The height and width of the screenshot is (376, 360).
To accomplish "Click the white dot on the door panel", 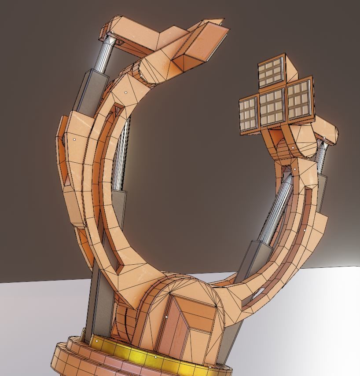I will coord(166,316).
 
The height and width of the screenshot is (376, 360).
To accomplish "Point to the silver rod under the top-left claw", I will coord(104,55).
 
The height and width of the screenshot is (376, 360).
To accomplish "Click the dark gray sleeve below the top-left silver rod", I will coord(91,90).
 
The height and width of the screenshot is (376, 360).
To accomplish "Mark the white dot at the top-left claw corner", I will coord(112,32).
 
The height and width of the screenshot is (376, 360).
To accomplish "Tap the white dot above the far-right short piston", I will coord(324,139).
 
